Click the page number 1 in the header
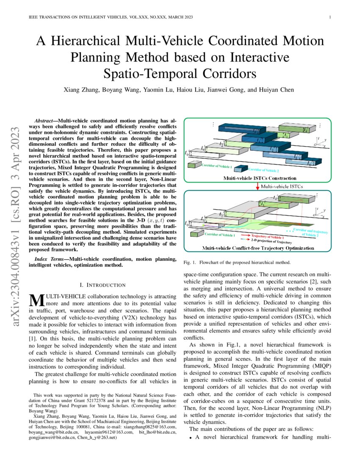[x=330, y=17]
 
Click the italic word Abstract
[x=45, y=121]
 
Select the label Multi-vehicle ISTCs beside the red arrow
[x=282, y=186]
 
